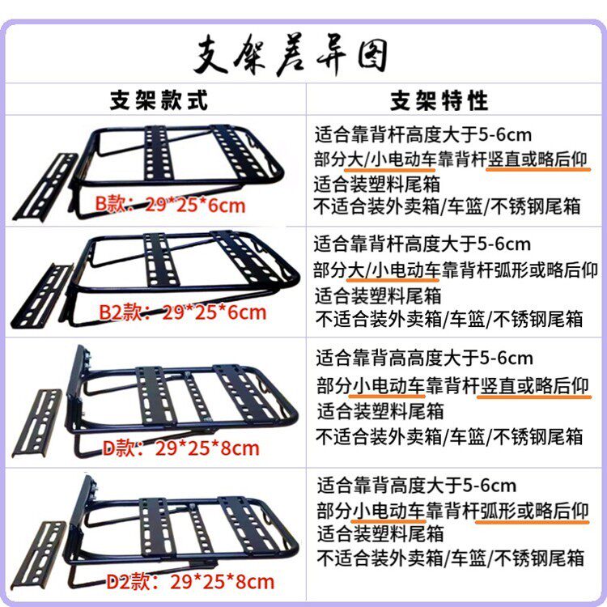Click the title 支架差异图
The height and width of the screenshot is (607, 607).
pyautogui.click(x=291, y=55)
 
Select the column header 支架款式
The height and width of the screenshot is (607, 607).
pyautogui.click(x=159, y=100)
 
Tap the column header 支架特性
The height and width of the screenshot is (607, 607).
pyautogui.click(x=439, y=100)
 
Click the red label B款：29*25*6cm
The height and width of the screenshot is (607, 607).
pyautogui.click(x=170, y=205)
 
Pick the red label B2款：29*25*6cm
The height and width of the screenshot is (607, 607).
pyautogui.click(x=183, y=312)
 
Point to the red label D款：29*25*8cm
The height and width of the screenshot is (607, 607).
pyautogui.click(x=180, y=448)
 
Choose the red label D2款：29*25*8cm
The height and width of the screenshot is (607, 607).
pyautogui.click(x=190, y=582)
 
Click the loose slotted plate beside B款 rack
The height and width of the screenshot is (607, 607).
pyautogui.click(x=45, y=187)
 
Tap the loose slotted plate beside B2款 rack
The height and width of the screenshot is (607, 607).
pyautogui.click(x=42, y=295)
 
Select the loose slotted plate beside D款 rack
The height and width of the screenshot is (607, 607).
pyautogui.click(x=37, y=423)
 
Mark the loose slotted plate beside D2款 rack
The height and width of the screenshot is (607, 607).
pyautogui.click(x=38, y=556)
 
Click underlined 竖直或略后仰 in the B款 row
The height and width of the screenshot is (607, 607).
pyautogui.click(x=537, y=159)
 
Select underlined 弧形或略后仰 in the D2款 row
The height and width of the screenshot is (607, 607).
pyautogui.click(x=534, y=511)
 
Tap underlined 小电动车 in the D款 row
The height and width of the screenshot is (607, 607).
pyautogui.click(x=388, y=385)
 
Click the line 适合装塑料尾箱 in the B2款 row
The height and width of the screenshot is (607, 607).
pyautogui.click(x=378, y=295)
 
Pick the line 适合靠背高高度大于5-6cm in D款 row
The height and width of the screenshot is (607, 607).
pyautogui.click(x=424, y=358)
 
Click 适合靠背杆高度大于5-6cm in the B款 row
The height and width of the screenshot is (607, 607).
pyautogui.click(x=422, y=134)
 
